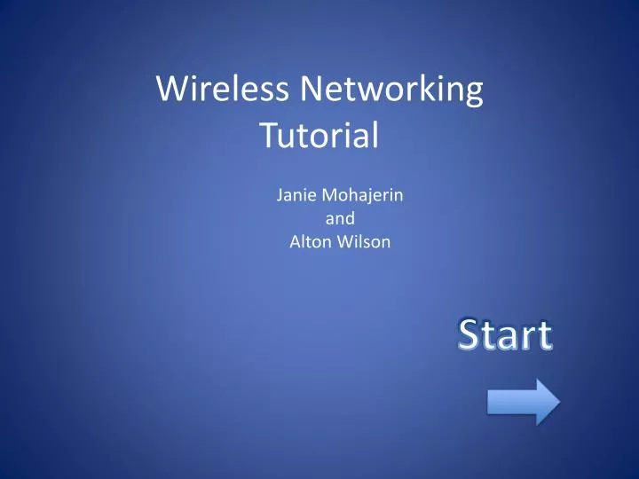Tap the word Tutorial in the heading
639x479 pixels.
(319, 136)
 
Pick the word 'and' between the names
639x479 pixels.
(341, 218)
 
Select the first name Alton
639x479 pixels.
(308, 241)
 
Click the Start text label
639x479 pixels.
(505, 336)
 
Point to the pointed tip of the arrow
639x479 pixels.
(558, 403)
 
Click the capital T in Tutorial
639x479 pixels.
(267, 135)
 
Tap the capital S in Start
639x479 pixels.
(470, 336)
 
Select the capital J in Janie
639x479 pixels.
(280, 195)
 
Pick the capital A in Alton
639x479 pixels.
(296, 241)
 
